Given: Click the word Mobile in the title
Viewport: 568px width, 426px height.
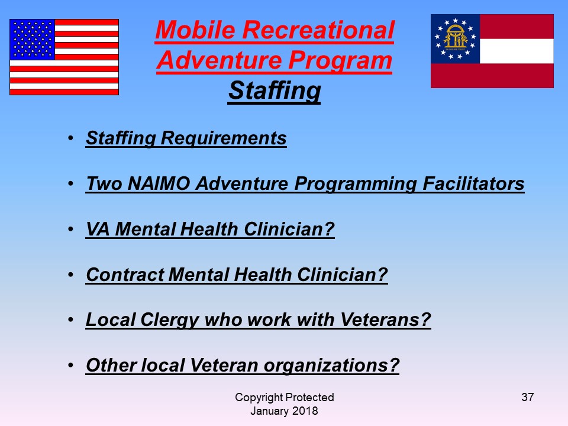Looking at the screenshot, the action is pyautogui.click(x=196, y=30).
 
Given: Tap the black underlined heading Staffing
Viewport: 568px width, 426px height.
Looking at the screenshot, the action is pyautogui.click(x=274, y=91).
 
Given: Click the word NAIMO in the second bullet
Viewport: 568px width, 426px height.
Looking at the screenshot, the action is pyautogui.click(x=159, y=183).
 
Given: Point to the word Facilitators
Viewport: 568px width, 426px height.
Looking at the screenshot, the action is pyautogui.click(x=473, y=183).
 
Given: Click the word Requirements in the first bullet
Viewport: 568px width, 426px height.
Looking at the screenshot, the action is pyautogui.click(x=224, y=138).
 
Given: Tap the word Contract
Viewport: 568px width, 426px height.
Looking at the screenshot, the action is pyautogui.click(x=125, y=275).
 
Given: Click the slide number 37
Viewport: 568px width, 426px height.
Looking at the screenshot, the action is pyautogui.click(x=527, y=397).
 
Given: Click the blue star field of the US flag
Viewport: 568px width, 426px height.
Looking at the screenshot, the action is pyautogui.click(x=33, y=40).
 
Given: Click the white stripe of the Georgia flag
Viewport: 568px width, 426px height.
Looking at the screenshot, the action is pyautogui.click(x=517, y=51).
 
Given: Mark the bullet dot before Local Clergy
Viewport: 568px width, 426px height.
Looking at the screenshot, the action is pyautogui.click(x=70, y=320).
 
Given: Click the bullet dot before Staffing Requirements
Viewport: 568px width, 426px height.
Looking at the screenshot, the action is pyautogui.click(x=70, y=138).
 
